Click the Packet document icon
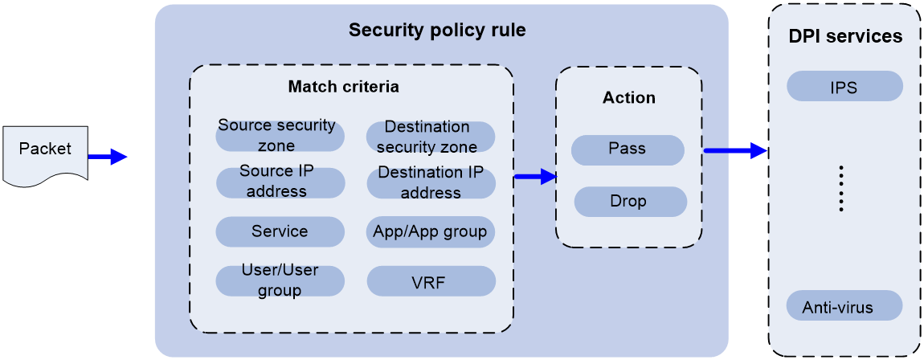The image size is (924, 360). tap(45, 153)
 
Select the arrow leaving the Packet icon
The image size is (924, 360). tap(108, 157)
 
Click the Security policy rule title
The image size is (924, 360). tap(437, 31)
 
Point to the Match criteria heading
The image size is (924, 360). tap(343, 86)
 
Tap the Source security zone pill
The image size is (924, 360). tap(280, 136)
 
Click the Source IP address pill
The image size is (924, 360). tap(280, 182)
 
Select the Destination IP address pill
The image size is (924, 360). tap(431, 183)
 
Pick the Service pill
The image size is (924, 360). tap(280, 231)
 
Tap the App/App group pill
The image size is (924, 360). tap(431, 231)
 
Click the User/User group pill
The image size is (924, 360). tap(280, 280)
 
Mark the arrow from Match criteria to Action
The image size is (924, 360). tap(535, 177)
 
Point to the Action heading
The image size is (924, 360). tap(629, 98)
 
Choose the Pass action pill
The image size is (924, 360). tap(628, 149)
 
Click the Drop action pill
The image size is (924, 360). tap(630, 201)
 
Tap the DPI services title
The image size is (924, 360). tap(844, 37)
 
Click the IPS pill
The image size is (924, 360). tap(844, 87)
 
